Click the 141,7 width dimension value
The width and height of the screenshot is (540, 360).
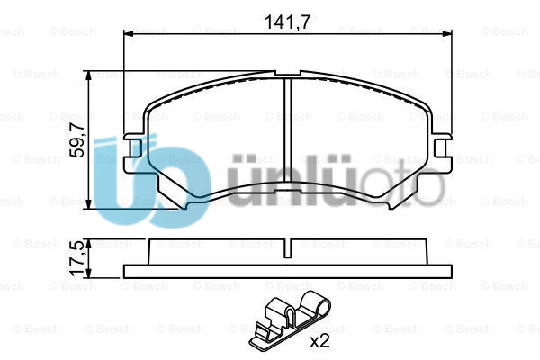coord(288,22)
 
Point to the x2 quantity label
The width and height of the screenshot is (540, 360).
coord(319,341)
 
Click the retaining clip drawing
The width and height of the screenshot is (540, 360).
coord(289,322)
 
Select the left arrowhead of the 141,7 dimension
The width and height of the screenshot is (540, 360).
coord(128,34)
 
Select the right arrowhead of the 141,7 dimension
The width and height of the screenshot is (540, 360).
coord(446,34)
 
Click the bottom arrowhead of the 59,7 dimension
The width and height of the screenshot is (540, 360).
coord(89,203)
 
